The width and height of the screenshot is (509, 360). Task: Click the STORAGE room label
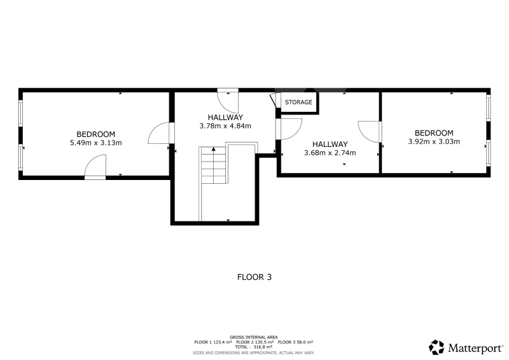pos(298,102)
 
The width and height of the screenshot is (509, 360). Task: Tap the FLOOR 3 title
pos(254,277)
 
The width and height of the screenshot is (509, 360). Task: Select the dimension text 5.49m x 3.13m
pos(96,143)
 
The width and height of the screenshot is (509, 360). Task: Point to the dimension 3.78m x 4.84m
pos(225,126)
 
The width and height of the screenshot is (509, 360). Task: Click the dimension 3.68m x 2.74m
pos(330,153)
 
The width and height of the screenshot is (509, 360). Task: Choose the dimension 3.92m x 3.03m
pos(434,142)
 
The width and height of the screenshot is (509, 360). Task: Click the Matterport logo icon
pos(436,347)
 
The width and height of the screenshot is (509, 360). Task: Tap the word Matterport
pos(475,349)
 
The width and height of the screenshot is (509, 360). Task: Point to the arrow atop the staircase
pos(213,149)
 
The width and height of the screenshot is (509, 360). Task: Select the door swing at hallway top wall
pos(228,101)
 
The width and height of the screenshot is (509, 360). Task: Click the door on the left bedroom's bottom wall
pos(95,167)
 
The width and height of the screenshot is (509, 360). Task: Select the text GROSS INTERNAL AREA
pos(253,337)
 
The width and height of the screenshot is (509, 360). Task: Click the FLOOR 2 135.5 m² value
pos(255,342)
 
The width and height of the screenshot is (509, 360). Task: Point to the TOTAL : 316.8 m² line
pos(253,347)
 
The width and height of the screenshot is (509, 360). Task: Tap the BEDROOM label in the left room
pos(96,134)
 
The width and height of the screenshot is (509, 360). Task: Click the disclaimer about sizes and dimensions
pos(253,353)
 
